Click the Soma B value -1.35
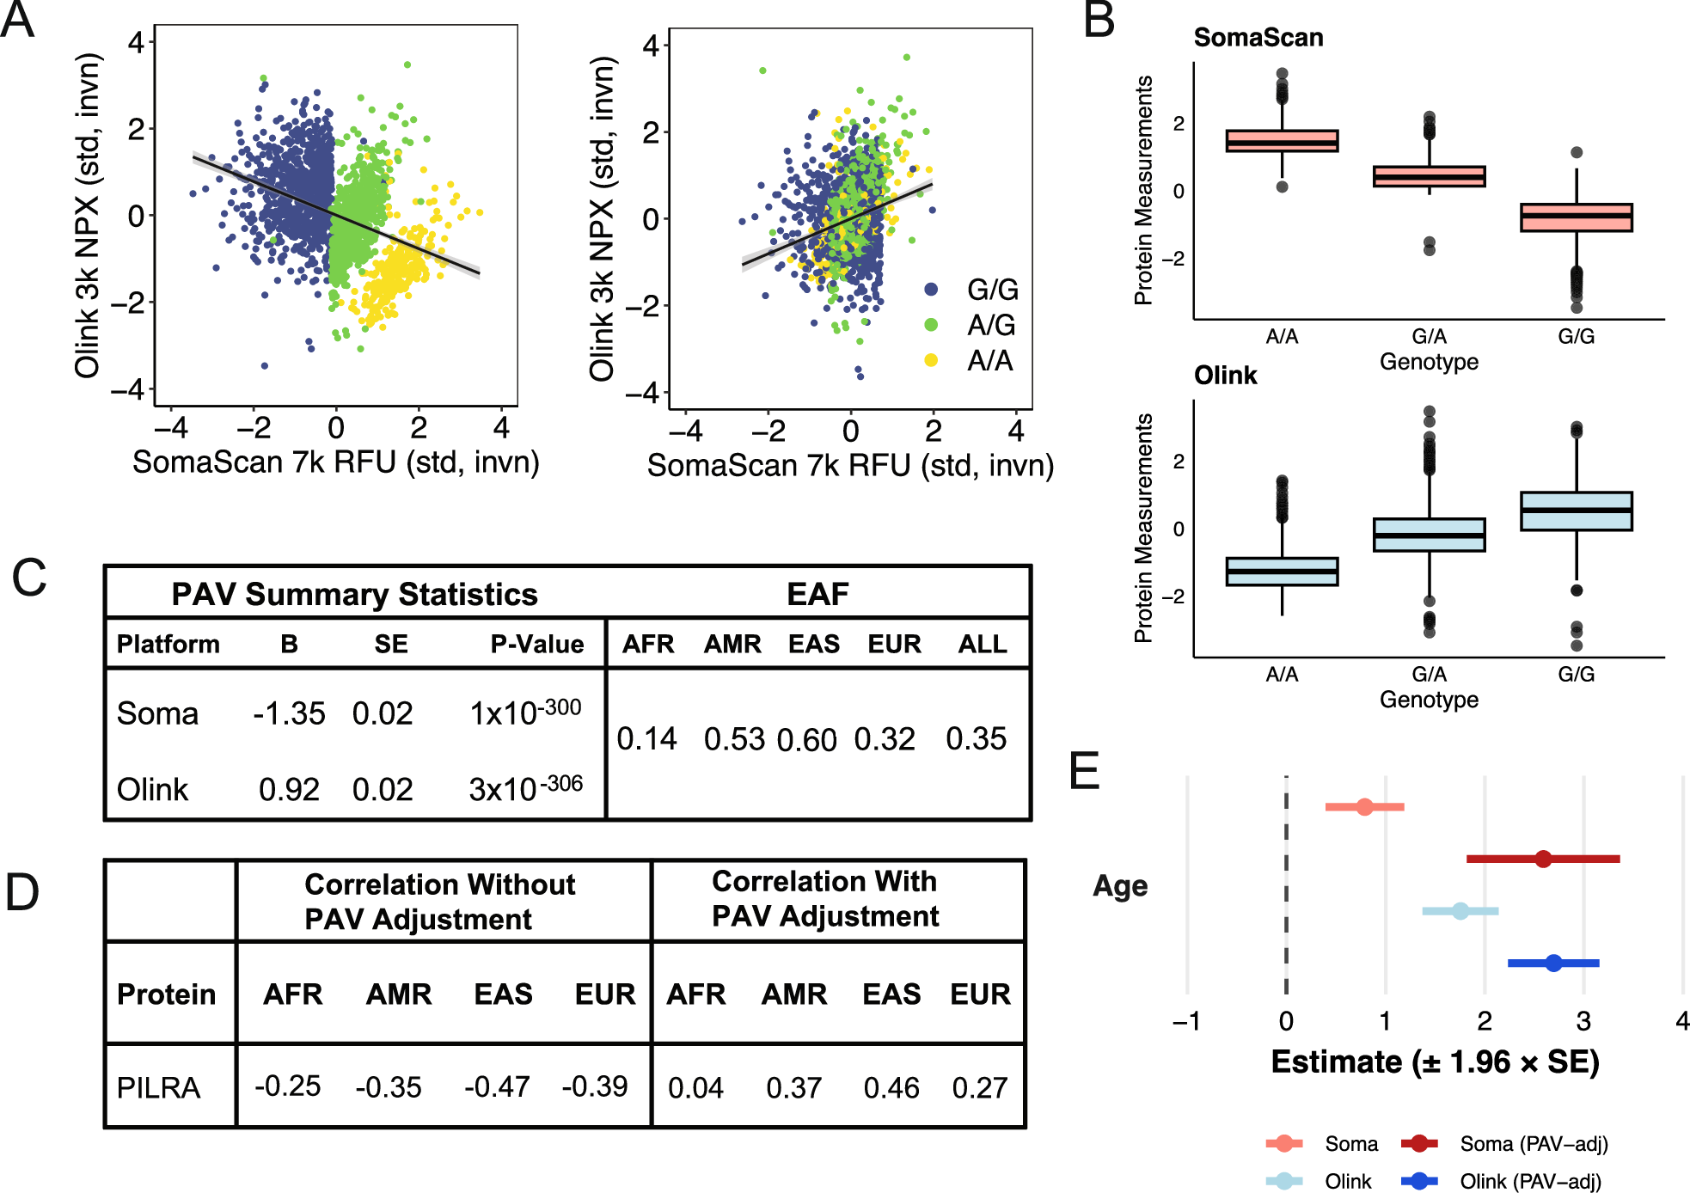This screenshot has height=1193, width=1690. click(x=289, y=713)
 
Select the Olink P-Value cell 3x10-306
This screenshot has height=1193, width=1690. click(x=525, y=787)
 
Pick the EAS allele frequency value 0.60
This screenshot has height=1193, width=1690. click(x=806, y=739)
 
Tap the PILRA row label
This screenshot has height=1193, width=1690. click(x=159, y=1087)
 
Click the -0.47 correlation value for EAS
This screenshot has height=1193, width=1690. click(x=497, y=1086)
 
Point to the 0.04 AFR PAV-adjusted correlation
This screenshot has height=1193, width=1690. click(x=695, y=1087)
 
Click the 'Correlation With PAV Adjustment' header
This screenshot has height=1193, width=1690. click(x=825, y=899)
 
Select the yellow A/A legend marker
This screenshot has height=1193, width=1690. click(x=931, y=360)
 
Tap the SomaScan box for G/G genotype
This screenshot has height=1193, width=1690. click(x=1576, y=217)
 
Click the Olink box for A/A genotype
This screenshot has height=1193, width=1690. click(x=1282, y=572)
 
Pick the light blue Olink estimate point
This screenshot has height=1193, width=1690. click(x=1460, y=910)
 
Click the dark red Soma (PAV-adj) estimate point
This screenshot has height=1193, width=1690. click(x=1543, y=859)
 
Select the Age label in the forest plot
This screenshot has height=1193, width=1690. click(x=1120, y=885)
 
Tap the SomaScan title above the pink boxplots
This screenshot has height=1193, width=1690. click(x=1258, y=38)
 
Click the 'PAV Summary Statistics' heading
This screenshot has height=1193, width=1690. click(x=354, y=594)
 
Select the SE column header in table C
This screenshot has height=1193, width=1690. click(x=390, y=644)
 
